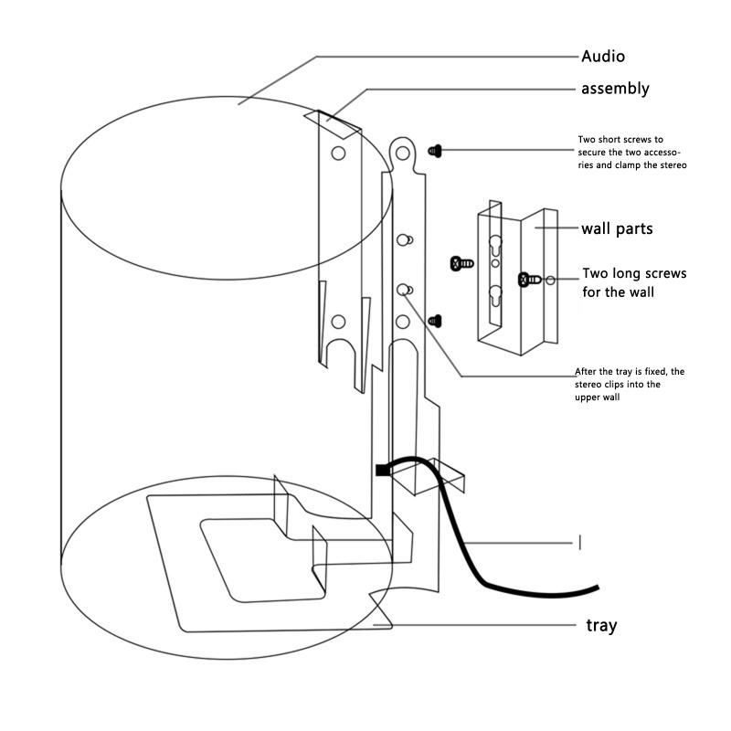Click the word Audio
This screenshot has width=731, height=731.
coord(603,57)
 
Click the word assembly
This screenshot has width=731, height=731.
coord(615,89)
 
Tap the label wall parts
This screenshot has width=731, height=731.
coord(617,228)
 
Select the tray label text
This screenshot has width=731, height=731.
coord(600,626)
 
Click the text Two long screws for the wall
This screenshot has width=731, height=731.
coord(634,283)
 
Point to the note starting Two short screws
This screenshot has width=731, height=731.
coord(631,153)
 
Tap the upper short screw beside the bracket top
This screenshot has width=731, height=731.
coord(436,149)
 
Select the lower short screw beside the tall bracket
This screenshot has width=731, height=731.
coord(436,320)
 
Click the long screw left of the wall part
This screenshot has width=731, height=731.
coord(462,263)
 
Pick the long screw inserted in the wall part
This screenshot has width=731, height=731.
coord(529,279)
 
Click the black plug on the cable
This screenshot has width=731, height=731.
coord(381,470)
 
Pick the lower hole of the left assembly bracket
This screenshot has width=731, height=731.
coord(338,321)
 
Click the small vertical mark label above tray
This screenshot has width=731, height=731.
coord(580,543)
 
